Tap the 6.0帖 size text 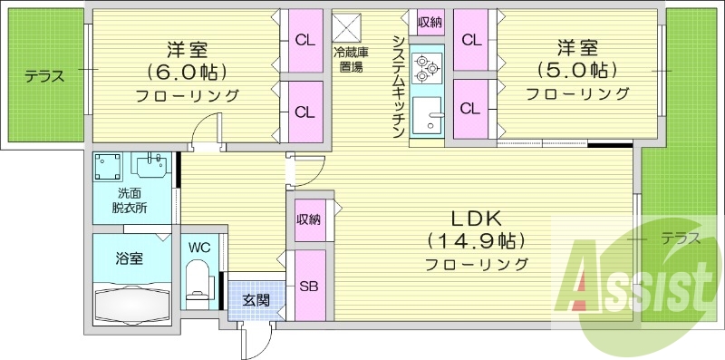[x=187, y=71]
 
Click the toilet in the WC [x=196, y=277]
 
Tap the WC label [x=200, y=246]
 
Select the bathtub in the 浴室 [x=133, y=306]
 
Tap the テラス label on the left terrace [x=43, y=76]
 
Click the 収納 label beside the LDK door [x=308, y=219]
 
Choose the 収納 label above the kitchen [x=430, y=22]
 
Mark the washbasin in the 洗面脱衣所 [x=151, y=166]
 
